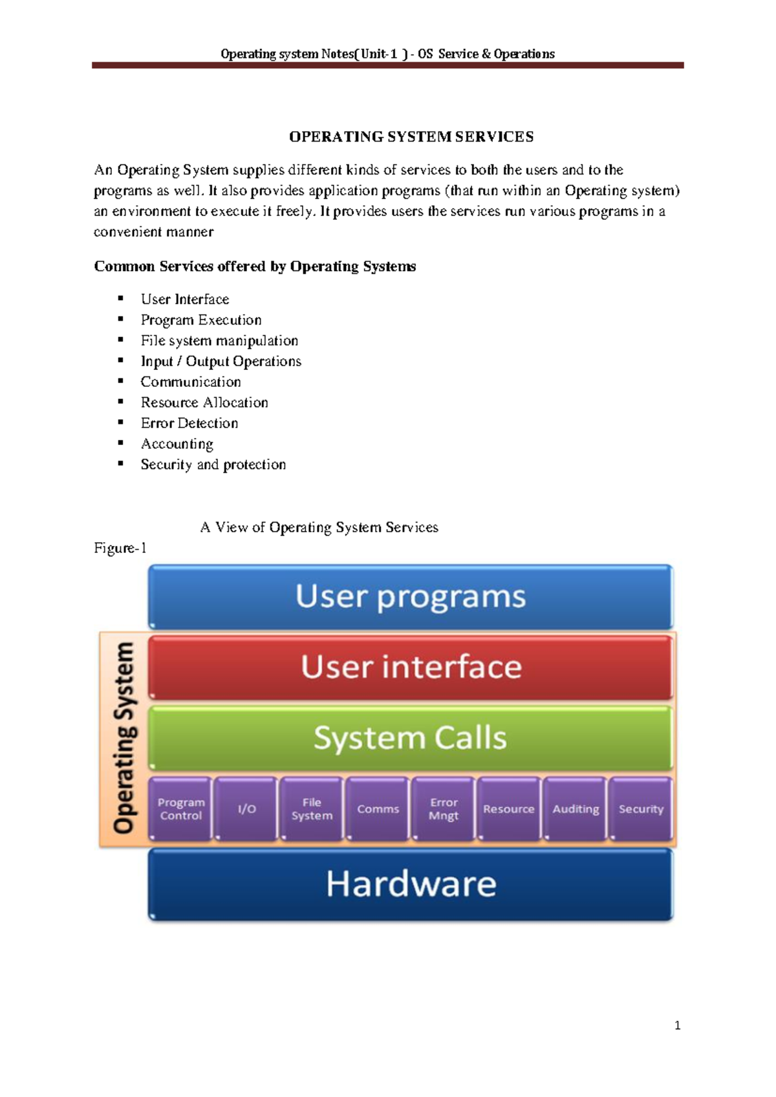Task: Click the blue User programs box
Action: pos(411,596)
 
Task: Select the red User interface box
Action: pos(411,667)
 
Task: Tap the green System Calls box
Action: pos(411,738)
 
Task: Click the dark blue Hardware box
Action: pos(411,884)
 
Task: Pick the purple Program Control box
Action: pos(181,809)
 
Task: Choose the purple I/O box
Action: pos(246,809)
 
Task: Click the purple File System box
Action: pos(312,809)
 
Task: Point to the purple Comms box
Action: pos(378,809)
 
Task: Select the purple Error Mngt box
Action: pos(444,809)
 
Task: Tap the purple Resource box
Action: pos(509,809)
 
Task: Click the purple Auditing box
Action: pos(576,809)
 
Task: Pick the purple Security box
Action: pos(641,809)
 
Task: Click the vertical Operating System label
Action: pos(124,737)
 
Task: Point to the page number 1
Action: pos(677,1025)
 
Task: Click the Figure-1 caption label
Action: pos(120,548)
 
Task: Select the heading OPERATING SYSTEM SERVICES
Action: pos(411,137)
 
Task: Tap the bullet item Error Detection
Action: pos(189,423)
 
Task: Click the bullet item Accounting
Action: pos(177,444)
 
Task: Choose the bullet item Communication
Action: pos(191,382)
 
